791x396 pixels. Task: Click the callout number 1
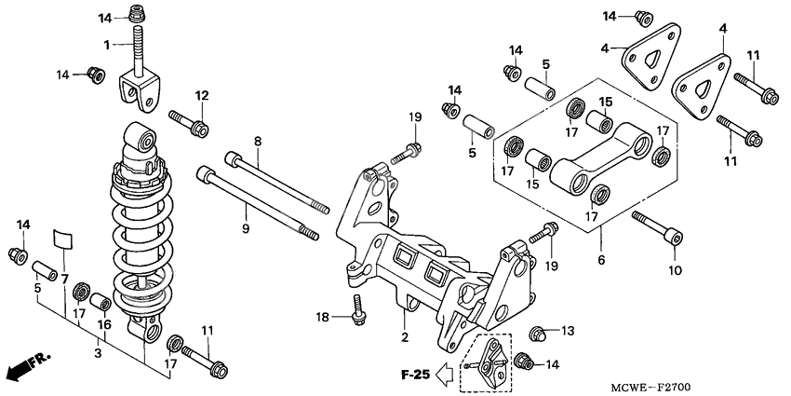pos(107,44)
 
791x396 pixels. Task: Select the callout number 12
pos(201,95)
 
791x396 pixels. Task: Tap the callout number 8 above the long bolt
pos(258,141)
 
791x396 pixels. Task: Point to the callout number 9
pos(246,227)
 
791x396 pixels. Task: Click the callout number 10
pos(676,270)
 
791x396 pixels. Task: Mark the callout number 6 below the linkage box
pos(601,260)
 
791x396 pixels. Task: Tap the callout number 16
pos(105,324)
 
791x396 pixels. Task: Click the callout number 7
pos(65,279)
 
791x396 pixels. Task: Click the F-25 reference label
pos(415,376)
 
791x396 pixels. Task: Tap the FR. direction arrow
pos(28,365)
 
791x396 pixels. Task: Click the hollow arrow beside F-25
pos(447,376)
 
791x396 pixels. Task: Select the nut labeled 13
pos(537,332)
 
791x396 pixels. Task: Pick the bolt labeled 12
pos(189,124)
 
